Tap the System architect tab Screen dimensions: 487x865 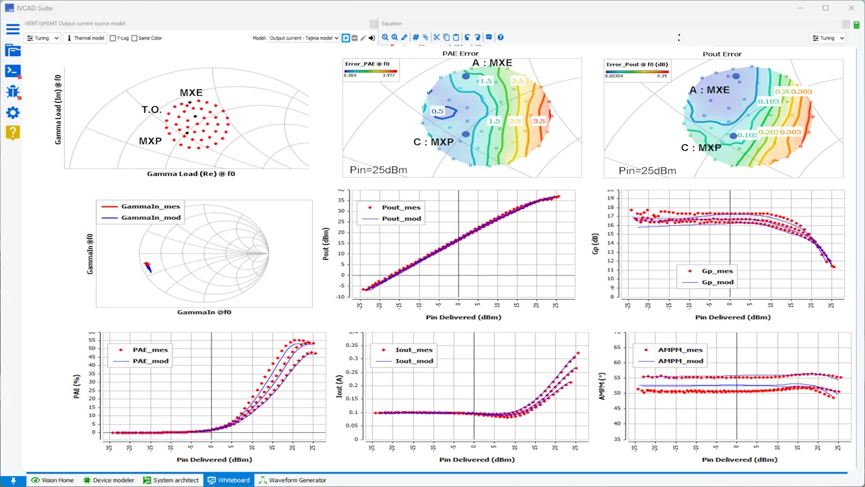click(171, 480)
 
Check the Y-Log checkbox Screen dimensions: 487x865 click(113, 39)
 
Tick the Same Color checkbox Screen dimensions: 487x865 click(134, 39)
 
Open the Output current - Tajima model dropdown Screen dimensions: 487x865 click(304, 39)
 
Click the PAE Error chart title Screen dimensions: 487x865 click(460, 53)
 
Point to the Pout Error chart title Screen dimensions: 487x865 click(722, 53)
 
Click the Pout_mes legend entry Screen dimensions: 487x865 click(401, 208)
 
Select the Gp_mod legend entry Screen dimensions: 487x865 click(717, 282)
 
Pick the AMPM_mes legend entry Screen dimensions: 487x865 click(680, 350)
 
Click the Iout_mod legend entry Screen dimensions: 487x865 click(414, 361)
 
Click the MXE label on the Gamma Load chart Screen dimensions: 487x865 click(191, 93)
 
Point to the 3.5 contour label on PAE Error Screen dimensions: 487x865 click(539, 121)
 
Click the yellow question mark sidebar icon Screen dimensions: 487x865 click(12, 133)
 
